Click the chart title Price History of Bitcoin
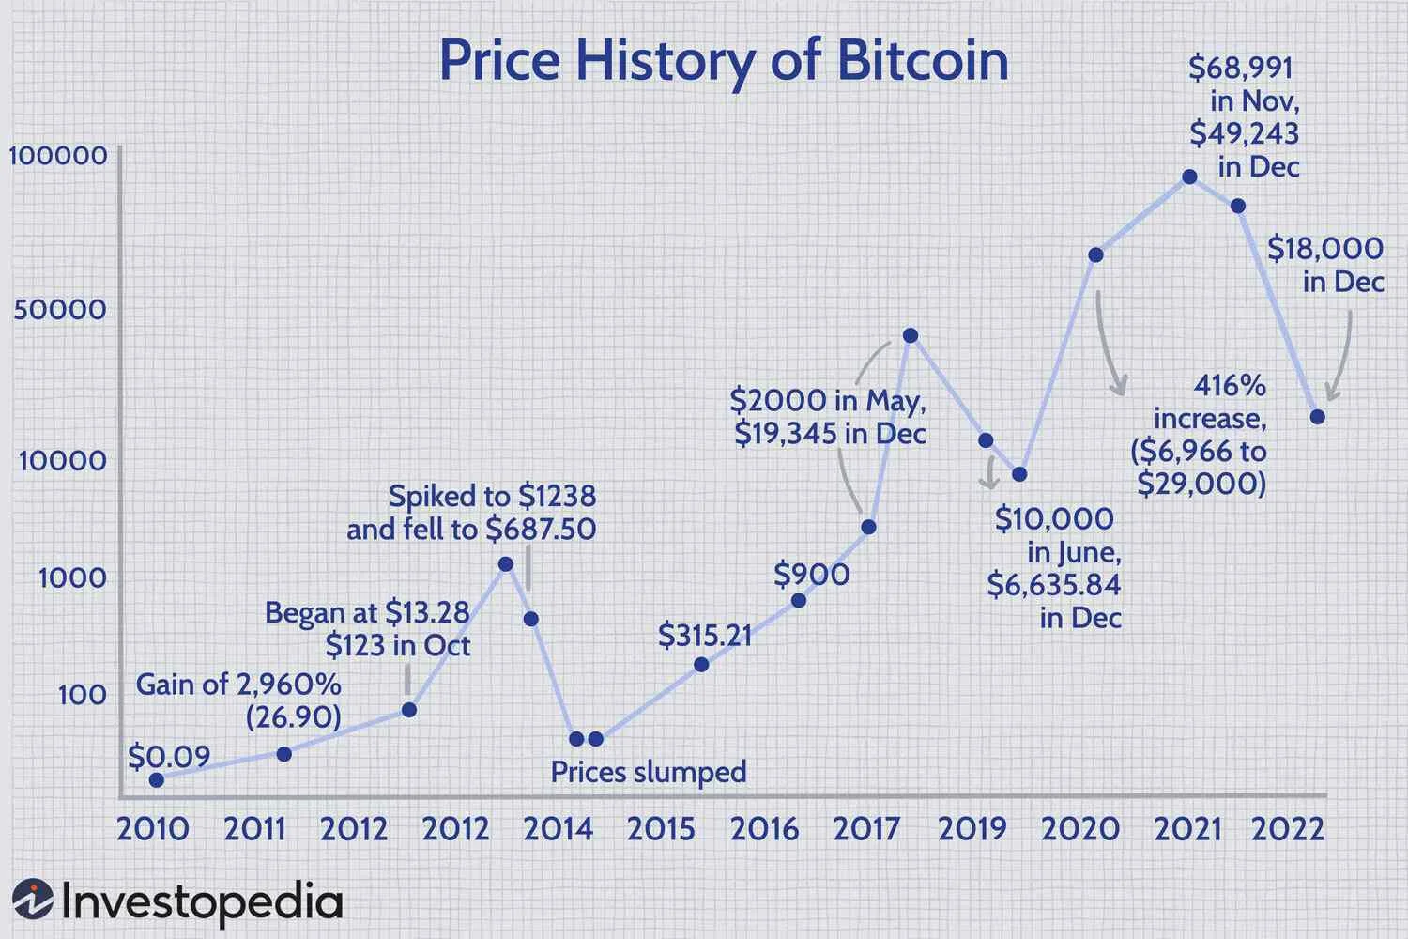coord(723,61)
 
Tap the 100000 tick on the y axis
coord(58,155)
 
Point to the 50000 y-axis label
coord(60,309)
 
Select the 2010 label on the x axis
coord(152,829)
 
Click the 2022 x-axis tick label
coord(1287,829)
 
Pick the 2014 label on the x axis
coord(558,829)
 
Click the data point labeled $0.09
coord(157,779)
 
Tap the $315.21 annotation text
coord(704,636)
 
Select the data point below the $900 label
coord(799,600)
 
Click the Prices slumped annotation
coord(648,772)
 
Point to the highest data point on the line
coord(1189,177)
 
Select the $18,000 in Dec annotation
coord(1325,265)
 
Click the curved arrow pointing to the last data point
coord(1342,357)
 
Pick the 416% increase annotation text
coord(1201,435)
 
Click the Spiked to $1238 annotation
coord(471,513)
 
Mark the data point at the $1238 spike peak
coord(505,563)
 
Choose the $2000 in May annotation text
coord(828,417)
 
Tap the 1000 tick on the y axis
coord(72,577)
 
